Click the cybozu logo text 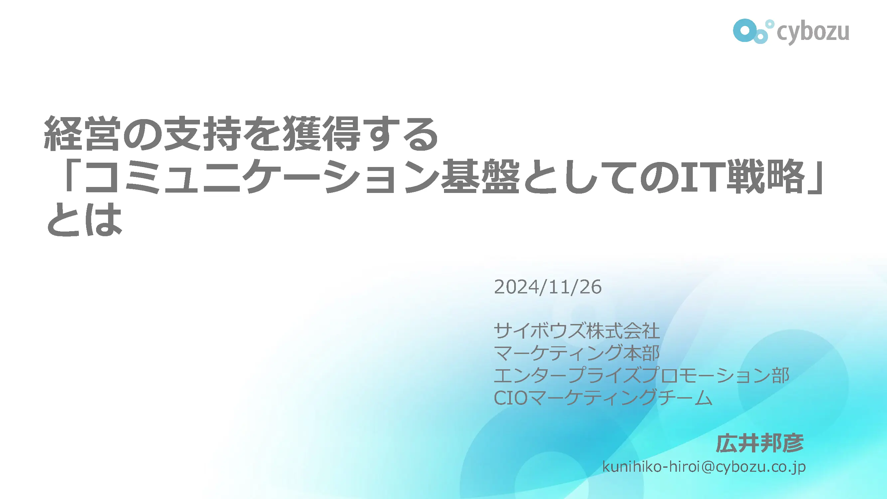pos(813,33)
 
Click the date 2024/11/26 pos(548,287)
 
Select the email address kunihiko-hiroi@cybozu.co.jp pos(704,467)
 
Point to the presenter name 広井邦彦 pos(760,443)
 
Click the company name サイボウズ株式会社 pos(577,331)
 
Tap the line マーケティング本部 pos(577,353)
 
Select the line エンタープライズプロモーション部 pos(642,375)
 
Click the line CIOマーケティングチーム pos(603,398)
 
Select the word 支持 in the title pos(202,133)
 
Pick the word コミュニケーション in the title pos(262,176)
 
